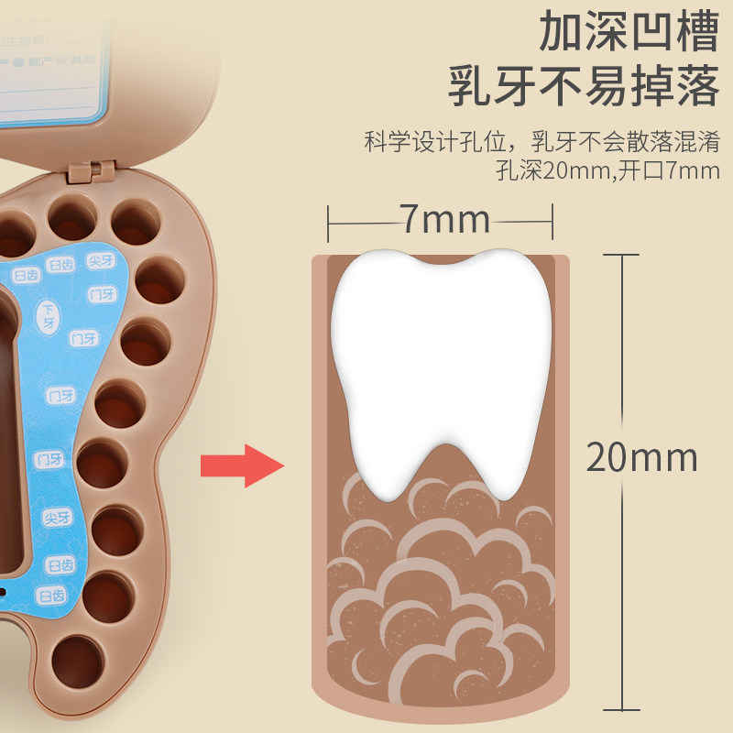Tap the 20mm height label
(641, 456)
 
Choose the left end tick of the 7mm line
(329, 220)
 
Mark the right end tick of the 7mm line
(552, 220)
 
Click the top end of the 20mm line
(624, 255)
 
